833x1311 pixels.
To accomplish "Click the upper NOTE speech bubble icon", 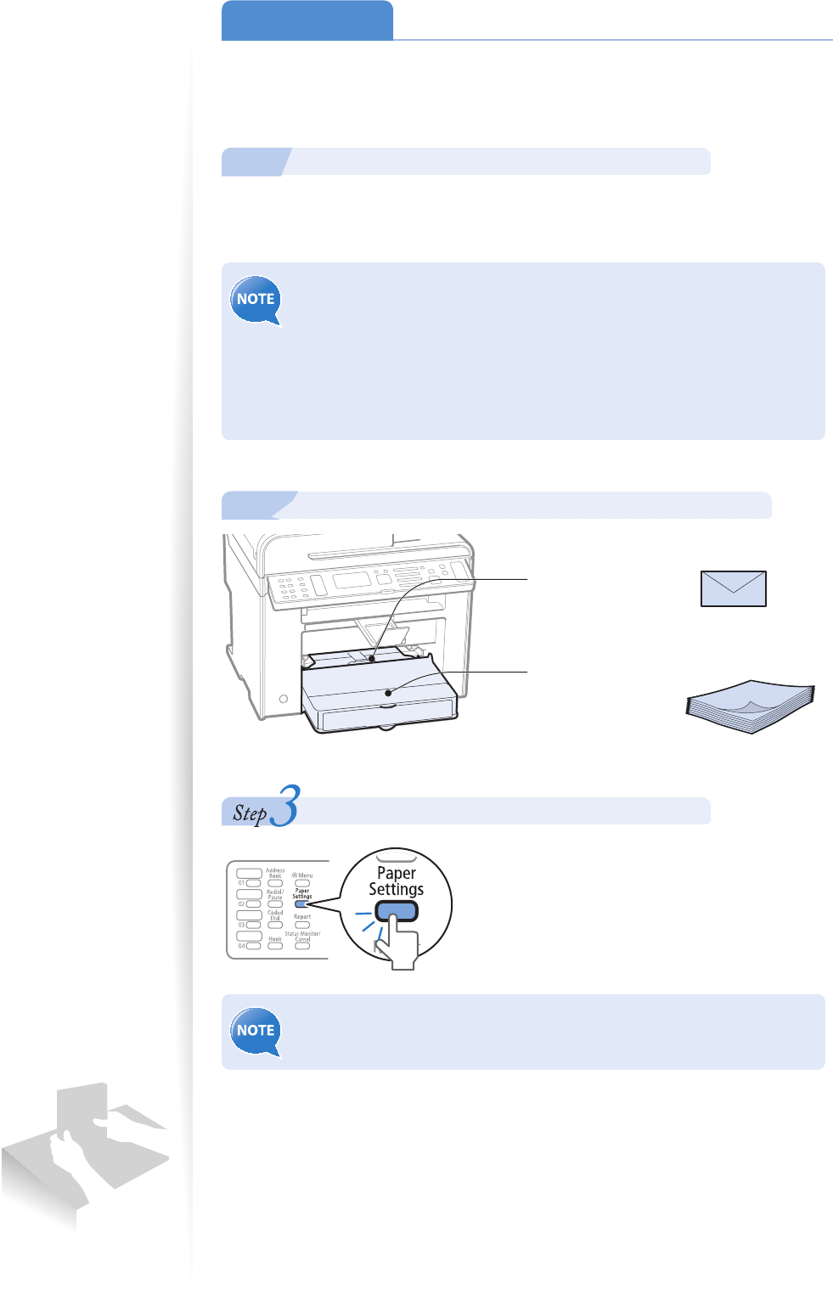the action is [x=256, y=300].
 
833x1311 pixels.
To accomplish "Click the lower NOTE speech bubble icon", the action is [x=256, y=1031].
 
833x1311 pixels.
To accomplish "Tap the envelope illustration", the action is [x=733, y=588].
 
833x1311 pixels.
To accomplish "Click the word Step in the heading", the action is [x=250, y=813].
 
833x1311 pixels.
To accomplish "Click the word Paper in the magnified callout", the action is [x=397, y=873].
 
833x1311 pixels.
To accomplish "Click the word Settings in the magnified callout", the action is [x=396, y=889].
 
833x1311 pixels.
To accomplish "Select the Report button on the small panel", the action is [x=302, y=925].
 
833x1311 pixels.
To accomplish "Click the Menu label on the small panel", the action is [x=303, y=875].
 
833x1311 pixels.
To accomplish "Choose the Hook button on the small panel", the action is [x=275, y=946].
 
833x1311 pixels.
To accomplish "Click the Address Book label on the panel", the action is [x=275, y=873].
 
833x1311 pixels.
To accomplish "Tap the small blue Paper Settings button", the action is [x=301, y=904].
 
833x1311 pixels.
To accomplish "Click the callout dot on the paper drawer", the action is [x=389, y=693].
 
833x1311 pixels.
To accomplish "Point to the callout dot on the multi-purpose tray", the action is [x=372, y=657].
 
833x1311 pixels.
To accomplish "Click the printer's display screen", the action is [x=350, y=580].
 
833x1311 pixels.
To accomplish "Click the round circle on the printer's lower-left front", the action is [x=284, y=699].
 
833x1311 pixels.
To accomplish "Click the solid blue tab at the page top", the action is [x=307, y=20].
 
